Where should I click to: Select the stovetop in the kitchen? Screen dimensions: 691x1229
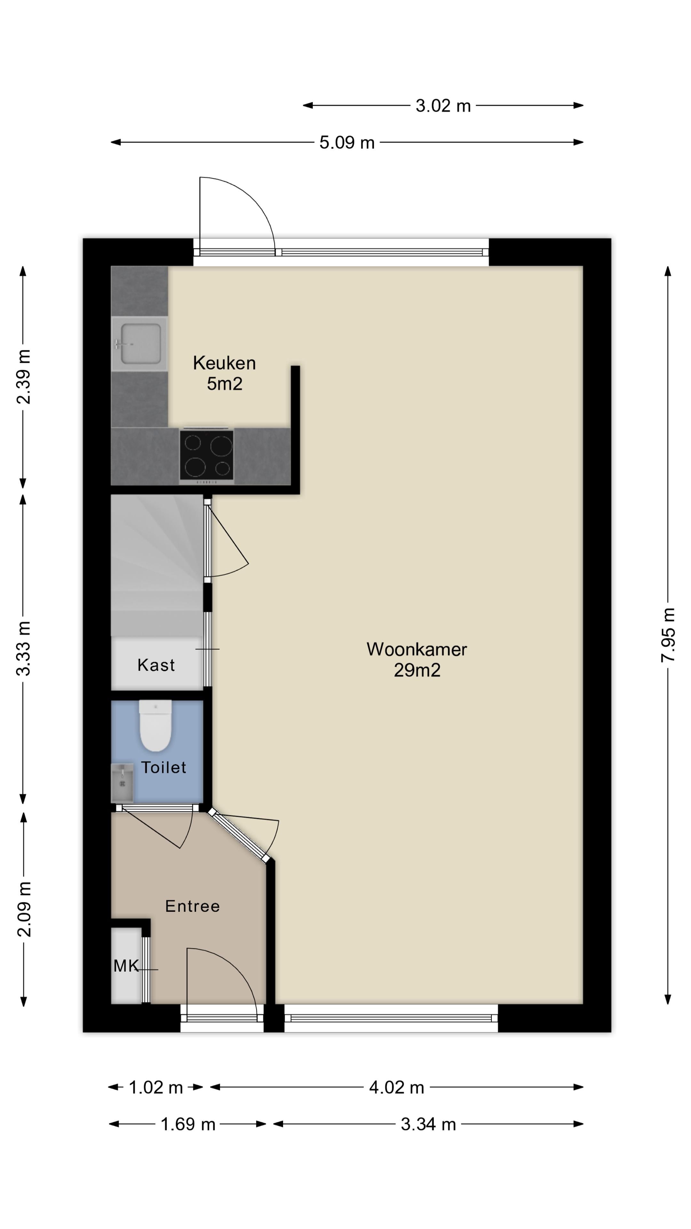pyautogui.click(x=206, y=456)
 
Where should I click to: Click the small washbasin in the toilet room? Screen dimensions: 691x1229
pyautogui.click(x=122, y=783)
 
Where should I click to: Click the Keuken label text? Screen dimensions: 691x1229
pyautogui.click(x=224, y=363)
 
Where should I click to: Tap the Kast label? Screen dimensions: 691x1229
pyautogui.click(x=156, y=665)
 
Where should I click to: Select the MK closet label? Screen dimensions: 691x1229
pyautogui.click(x=126, y=966)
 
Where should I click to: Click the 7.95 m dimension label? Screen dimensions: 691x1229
pyautogui.click(x=668, y=635)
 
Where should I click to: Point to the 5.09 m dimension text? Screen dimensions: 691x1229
pyautogui.click(x=347, y=142)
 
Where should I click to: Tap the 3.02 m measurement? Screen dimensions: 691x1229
pyautogui.click(x=443, y=105)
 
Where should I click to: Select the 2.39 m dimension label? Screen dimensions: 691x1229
pyautogui.click(x=23, y=376)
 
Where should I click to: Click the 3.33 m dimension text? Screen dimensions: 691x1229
pyautogui.click(x=23, y=648)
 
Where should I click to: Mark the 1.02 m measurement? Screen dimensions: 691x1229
pyautogui.click(x=156, y=1087)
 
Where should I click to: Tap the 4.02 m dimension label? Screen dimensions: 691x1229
pyautogui.click(x=397, y=1087)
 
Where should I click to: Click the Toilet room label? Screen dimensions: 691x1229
pyautogui.click(x=163, y=767)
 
